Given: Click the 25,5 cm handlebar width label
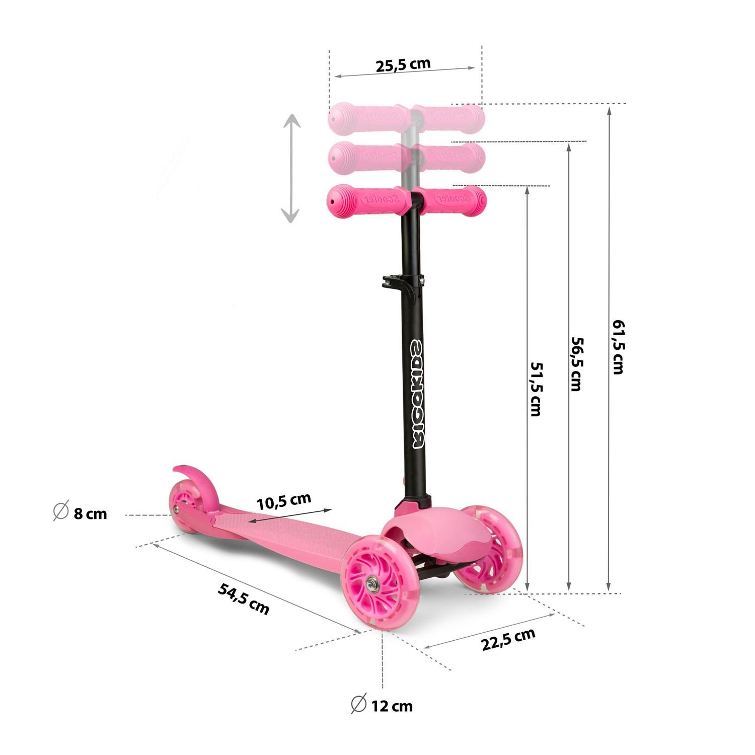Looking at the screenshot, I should tap(403, 64).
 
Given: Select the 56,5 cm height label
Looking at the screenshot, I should tap(577, 363).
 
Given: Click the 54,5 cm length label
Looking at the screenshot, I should tap(244, 598).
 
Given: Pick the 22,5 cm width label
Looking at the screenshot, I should tap(508, 639).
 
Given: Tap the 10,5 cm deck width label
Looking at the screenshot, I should tap(284, 501).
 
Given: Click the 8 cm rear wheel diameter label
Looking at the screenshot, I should tap(90, 514).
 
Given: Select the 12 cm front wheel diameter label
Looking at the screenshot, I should tap(392, 706).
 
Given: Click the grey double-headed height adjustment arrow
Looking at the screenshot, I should tap(290, 168).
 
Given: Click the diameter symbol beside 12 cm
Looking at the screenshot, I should tap(358, 704).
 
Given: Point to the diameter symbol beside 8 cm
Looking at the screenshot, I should tap(60, 511).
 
